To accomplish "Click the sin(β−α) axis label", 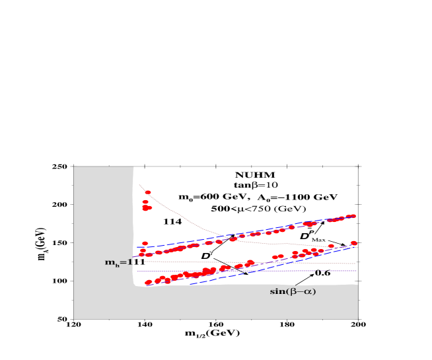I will click(293, 291).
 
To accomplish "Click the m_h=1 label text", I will click(120, 262).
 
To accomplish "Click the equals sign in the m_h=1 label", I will click(123, 262).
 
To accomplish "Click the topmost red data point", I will click(148, 193).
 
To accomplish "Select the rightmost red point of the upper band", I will click(353, 215).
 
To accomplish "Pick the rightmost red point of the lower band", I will click(353, 243).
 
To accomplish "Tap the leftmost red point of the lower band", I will click(148, 283).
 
